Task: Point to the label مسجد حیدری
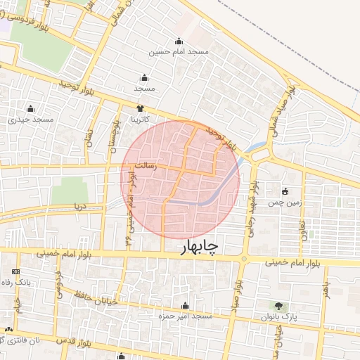pyautogui.click(x=31, y=120)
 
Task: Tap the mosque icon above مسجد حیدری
pyautogui.click(x=30, y=109)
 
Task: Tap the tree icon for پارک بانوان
pyautogui.click(x=280, y=306)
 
